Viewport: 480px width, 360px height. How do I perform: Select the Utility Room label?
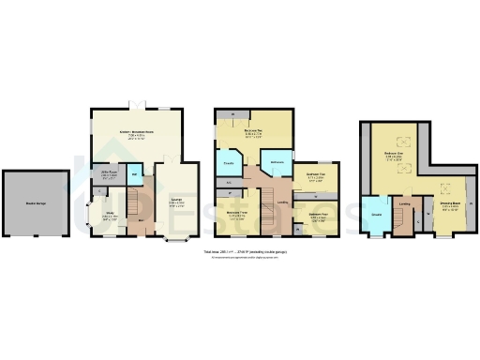tap(109, 173)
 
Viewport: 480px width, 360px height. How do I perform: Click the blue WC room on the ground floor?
tap(133, 175)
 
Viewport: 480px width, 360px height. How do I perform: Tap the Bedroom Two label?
tap(253, 131)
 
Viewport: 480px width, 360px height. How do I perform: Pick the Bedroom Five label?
tap(316, 175)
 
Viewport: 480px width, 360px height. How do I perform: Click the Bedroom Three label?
tap(238, 214)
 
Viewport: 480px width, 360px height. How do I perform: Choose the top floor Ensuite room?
tap(376, 215)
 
